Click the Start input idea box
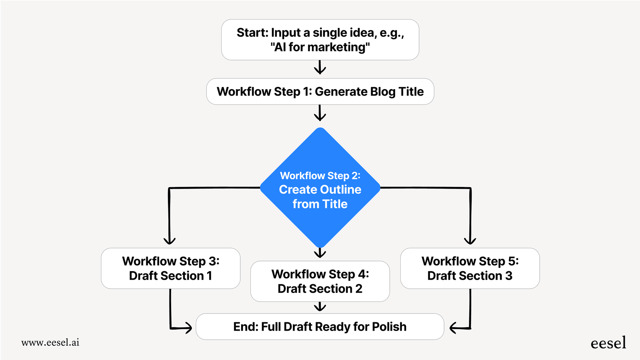tap(320, 40)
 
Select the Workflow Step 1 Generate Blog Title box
tap(320, 91)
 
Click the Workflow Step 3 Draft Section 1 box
tap(170, 268)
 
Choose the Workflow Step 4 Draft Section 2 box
tap(320, 281)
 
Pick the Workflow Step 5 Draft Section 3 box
tap(470, 268)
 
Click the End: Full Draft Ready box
tap(320, 326)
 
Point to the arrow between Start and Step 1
tap(320, 68)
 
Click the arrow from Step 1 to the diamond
tap(320, 113)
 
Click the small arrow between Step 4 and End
tap(320, 307)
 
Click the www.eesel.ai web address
tap(50, 342)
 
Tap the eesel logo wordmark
tap(608, 343)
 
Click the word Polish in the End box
tap(389, 327)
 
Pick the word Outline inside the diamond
tap(340, 190)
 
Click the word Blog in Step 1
tap(383, 92)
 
